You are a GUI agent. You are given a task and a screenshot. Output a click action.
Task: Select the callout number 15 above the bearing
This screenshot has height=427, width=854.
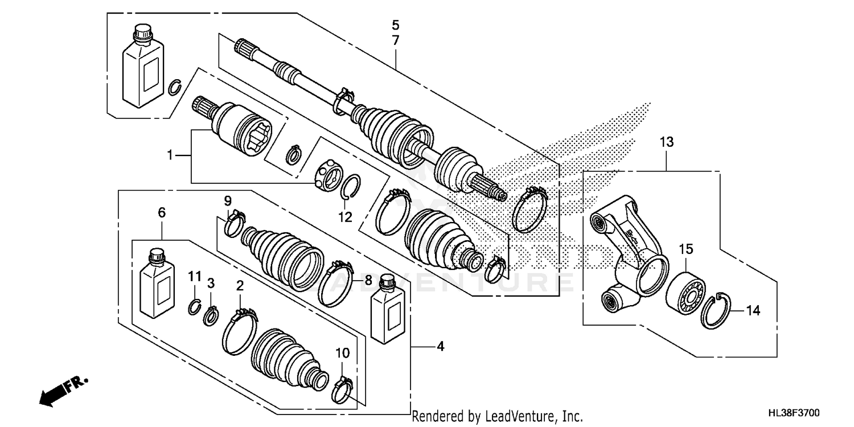(685, 249)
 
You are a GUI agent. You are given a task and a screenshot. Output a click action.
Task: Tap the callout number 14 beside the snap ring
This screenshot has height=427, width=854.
(753, 310)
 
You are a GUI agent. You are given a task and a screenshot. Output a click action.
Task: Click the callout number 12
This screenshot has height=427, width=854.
(345, 217)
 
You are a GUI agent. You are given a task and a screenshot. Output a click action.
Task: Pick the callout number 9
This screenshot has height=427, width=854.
(227, 200)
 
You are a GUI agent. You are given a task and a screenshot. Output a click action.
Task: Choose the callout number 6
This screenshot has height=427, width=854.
(162, 213)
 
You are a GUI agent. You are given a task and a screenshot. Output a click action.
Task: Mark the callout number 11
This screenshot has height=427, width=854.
(195, 276)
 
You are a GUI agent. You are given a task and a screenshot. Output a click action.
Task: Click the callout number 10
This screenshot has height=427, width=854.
(342, 353)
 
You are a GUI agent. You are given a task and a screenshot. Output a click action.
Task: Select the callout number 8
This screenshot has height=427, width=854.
(368, 280)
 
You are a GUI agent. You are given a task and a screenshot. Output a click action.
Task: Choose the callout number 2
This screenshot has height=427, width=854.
(240, 285)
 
